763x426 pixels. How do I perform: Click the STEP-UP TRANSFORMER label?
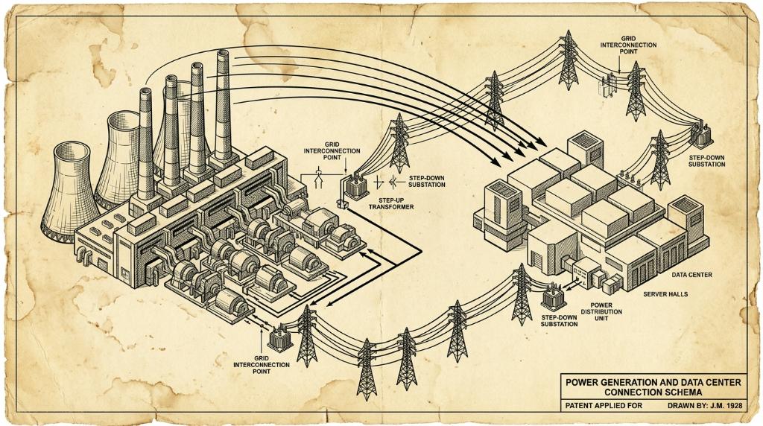pyautogui.click(x=390, y=203)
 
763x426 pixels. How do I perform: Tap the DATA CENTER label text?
pyautogui.click(x=691, y=275)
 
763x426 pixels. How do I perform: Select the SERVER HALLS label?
pyautogui.click(x=665, y=294)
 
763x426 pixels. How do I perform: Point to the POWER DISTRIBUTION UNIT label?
pyautogui.click(x=601, y=312)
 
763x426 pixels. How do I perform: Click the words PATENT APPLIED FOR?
pyautogui.click(x=604, y=406)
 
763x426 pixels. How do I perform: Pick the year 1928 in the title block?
pyautogui.click(x=734, y=406)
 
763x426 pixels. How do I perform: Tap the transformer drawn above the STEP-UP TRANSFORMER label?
pyautogui.click(x=354, y=186)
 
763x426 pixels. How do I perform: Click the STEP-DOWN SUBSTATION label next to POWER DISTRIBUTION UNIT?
pyautogui.click(x=559, y=320)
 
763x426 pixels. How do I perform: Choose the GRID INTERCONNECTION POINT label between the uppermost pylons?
pyautogui.click(x=628, y=44)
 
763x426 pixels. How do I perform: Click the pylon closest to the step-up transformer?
pyautogui.click(x=399, y=143)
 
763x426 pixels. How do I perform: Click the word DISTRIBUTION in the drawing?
pyautogui.click(x=601, y=312)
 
